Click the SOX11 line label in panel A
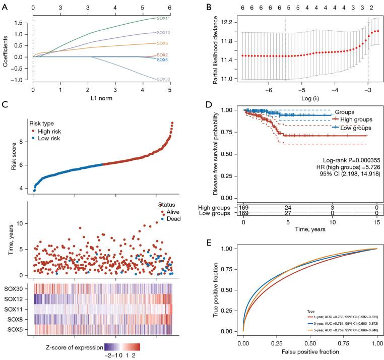click(x=163, y=18)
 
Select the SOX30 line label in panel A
click(x=163, y=79)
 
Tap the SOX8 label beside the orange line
click(x=163, y=43)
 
